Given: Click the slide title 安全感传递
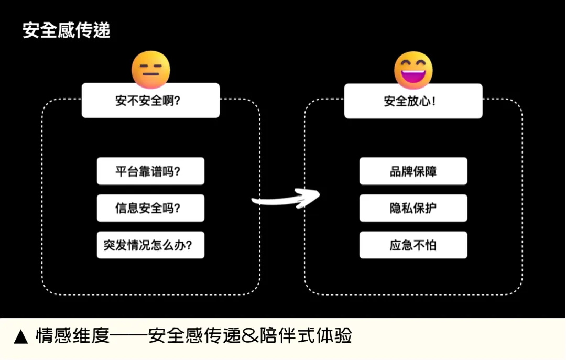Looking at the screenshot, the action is click(66, 30).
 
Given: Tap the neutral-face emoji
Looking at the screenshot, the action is click(151, 69).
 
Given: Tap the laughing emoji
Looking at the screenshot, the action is click(413, 70).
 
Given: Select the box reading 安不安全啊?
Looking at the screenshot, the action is click(150, 101).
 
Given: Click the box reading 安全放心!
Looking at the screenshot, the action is click(413, 101).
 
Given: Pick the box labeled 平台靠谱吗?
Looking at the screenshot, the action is click(150, 171).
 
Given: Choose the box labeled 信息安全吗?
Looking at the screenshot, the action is click(150, 208).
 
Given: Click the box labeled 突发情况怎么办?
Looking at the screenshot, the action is click(150, 245).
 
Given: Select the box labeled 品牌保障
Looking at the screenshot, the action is click(413, 171).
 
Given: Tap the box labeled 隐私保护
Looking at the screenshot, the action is click(413, 208).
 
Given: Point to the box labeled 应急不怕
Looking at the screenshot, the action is click(413, 245).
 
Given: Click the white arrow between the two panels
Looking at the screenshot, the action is click(285, 199).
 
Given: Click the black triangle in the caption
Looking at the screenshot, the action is click(20, 336).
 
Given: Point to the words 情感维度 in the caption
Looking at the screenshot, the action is click(72, 335).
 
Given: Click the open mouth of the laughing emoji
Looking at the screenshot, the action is click(413, 75).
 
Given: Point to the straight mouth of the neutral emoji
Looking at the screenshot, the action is click(151, 75).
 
